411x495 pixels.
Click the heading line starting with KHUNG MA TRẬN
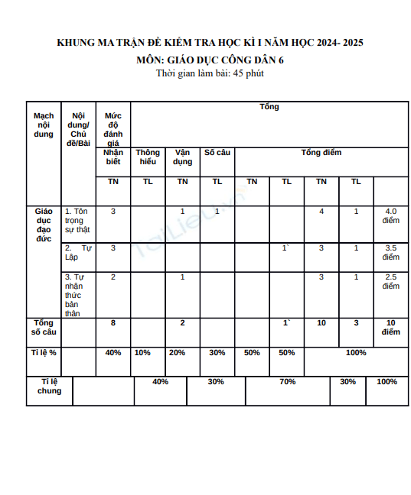(210, 44)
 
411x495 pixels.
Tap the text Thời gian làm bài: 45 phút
(210, 73)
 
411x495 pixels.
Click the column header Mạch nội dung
(44, 125)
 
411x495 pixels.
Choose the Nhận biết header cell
(113, 157)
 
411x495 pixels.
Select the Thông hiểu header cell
(148, 157)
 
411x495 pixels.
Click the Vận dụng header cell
(182, 157)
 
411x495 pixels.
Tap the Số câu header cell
(217, 153)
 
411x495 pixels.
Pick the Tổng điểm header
(321, 153)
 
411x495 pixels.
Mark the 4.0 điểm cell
(390, 215)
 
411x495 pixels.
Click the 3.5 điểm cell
(390, 252)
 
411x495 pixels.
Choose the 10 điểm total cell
(390, 328)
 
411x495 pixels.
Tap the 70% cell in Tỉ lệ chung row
(287, 382)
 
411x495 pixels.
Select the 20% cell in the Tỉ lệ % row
(177, 353)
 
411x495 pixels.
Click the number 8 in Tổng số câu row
(113, 324)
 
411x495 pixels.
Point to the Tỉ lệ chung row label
(49, 386)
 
